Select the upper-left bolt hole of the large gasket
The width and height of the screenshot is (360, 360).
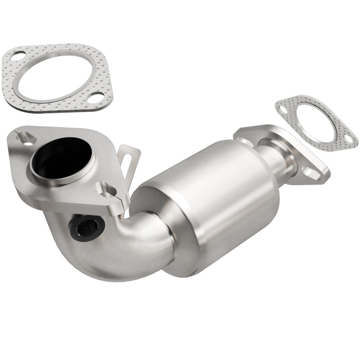point(18,57)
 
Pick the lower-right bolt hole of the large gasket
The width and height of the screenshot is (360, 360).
point(95,97)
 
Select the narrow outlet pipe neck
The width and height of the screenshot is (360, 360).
point(281,155)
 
